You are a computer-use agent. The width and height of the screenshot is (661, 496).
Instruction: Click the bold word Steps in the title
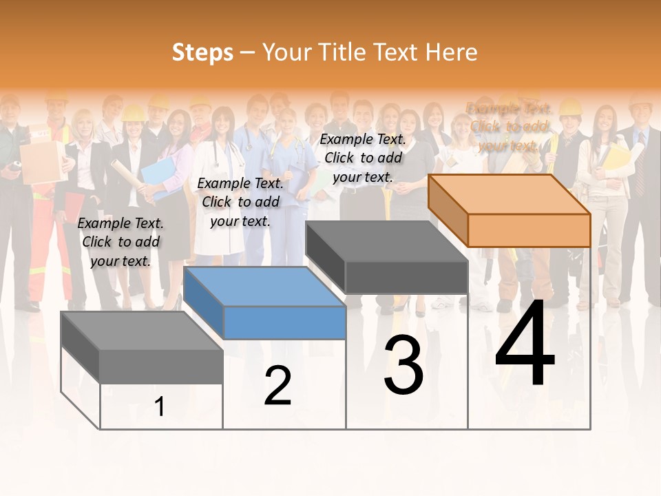(202, 52)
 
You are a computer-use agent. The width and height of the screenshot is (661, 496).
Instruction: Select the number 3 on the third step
(403, 365)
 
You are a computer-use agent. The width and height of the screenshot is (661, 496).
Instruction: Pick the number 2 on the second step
(277, 386)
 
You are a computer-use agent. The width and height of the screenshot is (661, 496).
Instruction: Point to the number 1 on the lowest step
(160, 406)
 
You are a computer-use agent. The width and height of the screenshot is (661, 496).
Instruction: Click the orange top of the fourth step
(510, 194)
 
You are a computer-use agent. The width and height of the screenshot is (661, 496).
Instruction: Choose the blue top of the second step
(265, 287)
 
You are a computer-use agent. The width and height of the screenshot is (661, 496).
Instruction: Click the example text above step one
(120, 242)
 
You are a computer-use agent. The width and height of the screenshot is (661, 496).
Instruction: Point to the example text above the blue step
(240, 202)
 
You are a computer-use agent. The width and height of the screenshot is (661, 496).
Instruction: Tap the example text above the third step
(363, 158)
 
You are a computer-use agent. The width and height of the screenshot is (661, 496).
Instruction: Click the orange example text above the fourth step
(509, 127)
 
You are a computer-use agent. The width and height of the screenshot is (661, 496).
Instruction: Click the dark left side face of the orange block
(448, 209)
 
